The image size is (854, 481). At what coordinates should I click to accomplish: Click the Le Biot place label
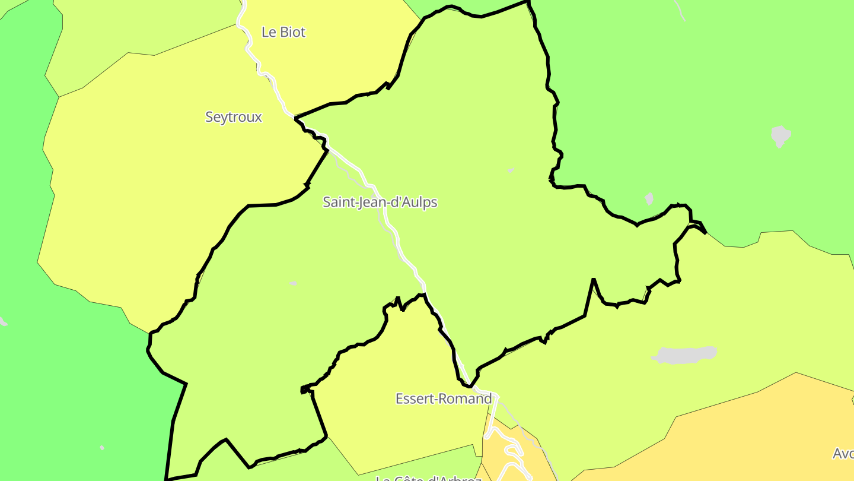(283, 32)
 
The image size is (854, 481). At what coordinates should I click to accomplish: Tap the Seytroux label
(234, 117)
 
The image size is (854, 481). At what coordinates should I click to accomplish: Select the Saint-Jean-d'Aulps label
(380, 202)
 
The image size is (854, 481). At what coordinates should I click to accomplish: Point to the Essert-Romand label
(444, 398)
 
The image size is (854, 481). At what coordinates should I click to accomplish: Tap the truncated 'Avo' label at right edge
(843, 454)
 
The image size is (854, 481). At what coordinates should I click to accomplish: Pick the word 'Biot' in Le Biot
(292, 32)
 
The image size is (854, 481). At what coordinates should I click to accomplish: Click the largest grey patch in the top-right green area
(780, 135)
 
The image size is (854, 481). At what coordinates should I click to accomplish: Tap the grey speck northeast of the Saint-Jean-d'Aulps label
(511, 170)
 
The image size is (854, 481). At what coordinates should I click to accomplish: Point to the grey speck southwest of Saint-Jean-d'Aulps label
(293, 283)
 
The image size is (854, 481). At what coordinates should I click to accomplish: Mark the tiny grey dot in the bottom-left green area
(102, 448)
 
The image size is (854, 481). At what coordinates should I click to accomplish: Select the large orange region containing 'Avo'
(741, 433)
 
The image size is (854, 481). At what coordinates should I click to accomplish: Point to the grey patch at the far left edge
(2, 321)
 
